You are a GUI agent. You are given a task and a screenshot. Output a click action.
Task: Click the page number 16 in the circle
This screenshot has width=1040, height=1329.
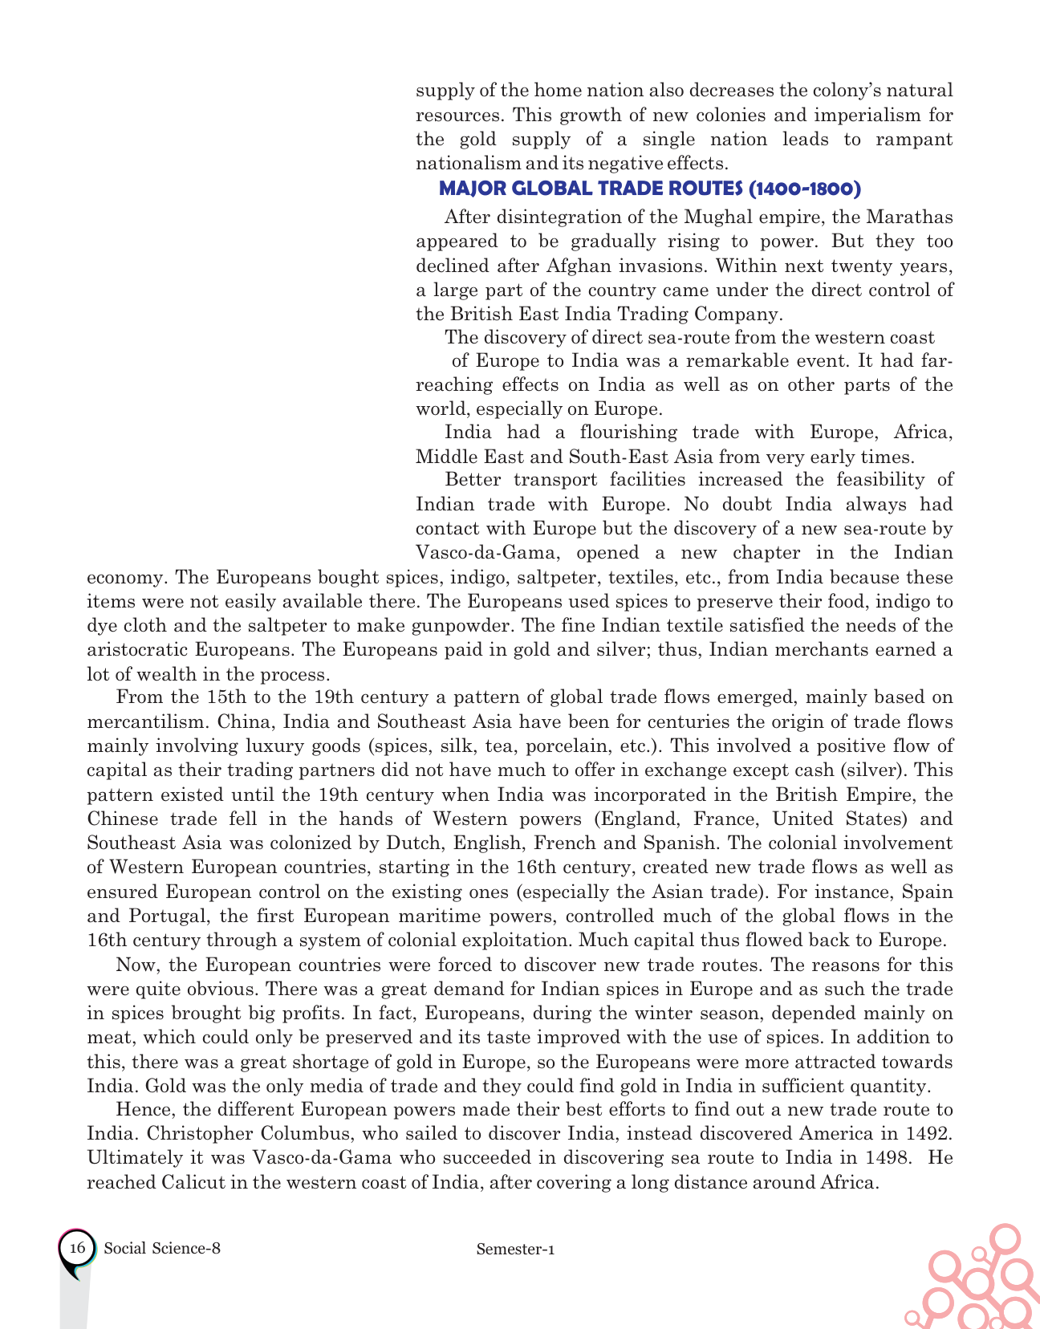(x=77, y=1248)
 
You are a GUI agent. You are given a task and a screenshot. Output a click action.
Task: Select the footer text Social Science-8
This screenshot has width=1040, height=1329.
(x=162, y=1248)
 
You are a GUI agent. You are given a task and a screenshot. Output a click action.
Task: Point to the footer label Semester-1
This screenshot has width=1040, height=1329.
(x=515, y=1249)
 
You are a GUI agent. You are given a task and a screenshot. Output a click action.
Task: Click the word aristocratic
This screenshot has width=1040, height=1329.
(x=141, y=649)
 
